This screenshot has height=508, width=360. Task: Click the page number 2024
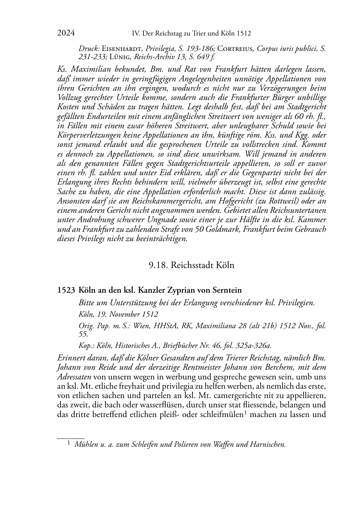[x=66, y=33]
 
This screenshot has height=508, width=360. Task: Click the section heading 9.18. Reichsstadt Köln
[x=191, y=265]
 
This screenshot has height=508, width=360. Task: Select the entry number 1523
[x=66, y=290]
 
